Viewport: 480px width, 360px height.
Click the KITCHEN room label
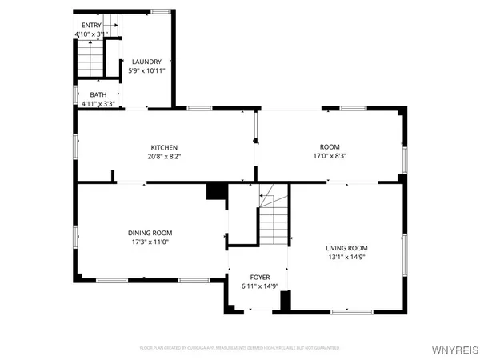click(x=164, y=147)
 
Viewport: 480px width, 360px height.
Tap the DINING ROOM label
click(x=150, y=232)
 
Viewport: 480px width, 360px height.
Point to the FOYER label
click(x=260, y=277)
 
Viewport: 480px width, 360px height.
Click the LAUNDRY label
click(x=146, y=62)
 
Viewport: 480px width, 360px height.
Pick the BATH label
click(x=98, y=94)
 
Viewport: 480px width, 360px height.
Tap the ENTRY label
click(x=92, y=26)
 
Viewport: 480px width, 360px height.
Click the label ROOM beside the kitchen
click(x=330, y=147)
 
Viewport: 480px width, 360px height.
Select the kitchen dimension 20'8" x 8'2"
click(x=164, y=157)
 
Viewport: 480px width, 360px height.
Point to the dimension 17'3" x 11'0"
click(x=150, y=242)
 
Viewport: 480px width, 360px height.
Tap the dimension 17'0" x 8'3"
click(x=330, y=157)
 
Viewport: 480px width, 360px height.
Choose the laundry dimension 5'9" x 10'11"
click(x=146, y=71)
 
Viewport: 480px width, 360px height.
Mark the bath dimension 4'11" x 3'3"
click(x=98, y=103)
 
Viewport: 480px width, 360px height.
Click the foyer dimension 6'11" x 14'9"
click(x=260, y=286)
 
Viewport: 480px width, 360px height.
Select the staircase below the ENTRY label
click(x=91, y=58)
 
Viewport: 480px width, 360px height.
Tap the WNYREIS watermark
click(x=454, y=349)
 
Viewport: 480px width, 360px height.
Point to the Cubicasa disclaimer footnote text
click(x=239, y=348)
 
